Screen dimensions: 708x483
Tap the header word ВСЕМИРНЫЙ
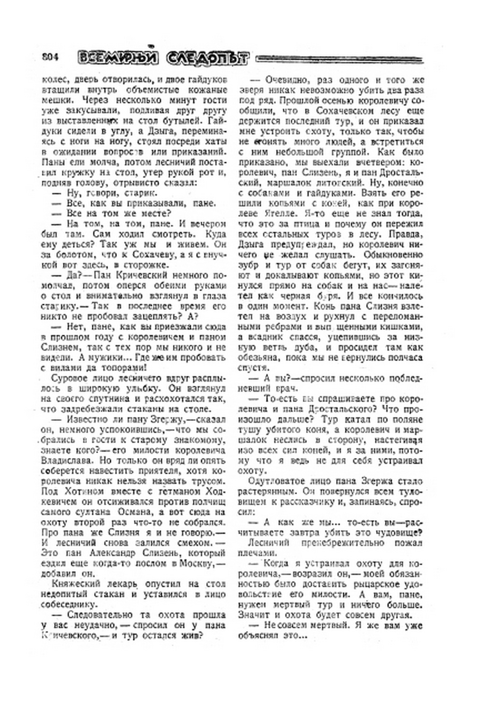118,57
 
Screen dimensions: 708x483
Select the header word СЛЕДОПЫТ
207,58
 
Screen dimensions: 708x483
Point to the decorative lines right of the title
338,59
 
